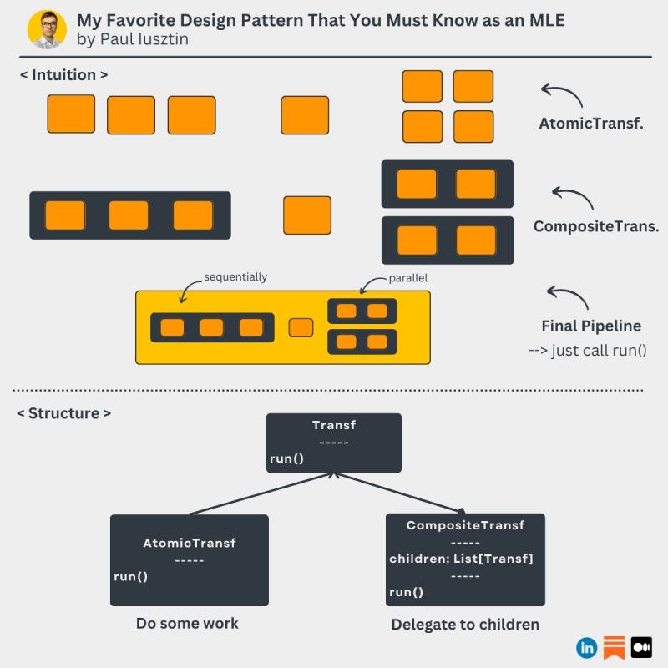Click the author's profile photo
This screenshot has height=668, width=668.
click(47, 29)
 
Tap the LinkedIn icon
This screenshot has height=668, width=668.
click(586, 647)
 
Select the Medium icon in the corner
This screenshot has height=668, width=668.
click(641, 647)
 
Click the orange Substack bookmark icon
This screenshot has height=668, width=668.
click(614, 647)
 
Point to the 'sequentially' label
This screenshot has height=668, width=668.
click(235, 277)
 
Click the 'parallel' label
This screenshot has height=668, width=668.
click(408, 278)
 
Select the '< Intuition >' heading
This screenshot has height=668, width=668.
click(64, 75)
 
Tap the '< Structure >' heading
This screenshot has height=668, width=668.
click(64, 413)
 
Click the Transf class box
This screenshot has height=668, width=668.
click(334, 443)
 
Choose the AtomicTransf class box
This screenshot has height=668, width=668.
click(190, 559)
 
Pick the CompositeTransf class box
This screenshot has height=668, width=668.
click(465, 559)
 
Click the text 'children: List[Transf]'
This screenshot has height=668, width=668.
click(461, 559)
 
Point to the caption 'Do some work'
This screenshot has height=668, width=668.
click(187, 623)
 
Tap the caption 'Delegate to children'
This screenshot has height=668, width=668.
click(465, 624)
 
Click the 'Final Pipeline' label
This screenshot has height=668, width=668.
click(591, 326)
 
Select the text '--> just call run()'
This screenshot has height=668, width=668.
click(588, 350)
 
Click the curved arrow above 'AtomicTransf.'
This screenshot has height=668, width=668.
click(560, 96)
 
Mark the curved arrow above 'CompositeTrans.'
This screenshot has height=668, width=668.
click(572, 199)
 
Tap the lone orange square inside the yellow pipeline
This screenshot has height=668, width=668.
click(301, 327)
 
